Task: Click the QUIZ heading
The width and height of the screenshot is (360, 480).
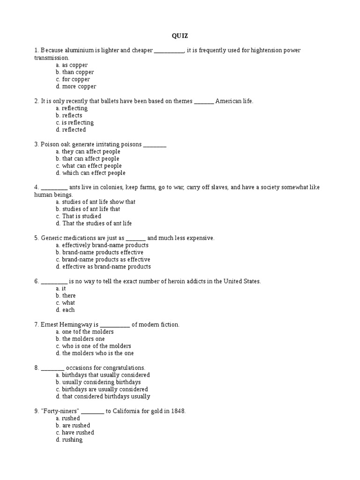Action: coord(180,36)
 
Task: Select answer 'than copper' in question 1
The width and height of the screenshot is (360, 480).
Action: coord(78,72)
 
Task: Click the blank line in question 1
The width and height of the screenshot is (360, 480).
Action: coord(169,51)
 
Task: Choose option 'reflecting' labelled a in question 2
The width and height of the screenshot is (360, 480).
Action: coord(75,108)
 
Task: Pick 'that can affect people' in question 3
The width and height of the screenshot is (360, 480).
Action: coord(90,158)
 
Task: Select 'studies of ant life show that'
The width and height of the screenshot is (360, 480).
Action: coord(98,202)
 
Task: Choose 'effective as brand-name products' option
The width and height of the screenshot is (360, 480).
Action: coord(106,267)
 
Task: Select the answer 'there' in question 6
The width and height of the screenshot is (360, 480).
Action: coord(68,296)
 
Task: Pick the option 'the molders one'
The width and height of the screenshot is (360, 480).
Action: coord(83,339)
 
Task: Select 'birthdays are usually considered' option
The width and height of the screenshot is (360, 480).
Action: coord(105,389)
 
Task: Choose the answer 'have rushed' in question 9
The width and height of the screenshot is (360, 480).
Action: coord(78,433)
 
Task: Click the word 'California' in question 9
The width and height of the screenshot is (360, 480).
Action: coord(128,411)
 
